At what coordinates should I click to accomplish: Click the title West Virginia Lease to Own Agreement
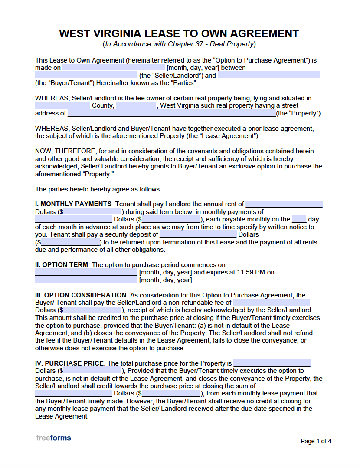pyautogui.click(x=179, y=34)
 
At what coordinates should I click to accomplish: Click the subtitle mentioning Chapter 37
pyautogui.click(x=179, y=44)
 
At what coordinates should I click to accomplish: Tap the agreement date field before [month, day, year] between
pyautogui.click(x=114, y=68)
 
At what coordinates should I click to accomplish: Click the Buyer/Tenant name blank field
pyautogui.click(x=269, y=76)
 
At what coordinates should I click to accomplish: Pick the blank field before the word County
pyautogui.click(x=62, y=106)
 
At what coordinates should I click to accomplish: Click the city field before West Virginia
pyautogui.click(x=136, y=106)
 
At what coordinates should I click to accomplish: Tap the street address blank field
pyautogui.click(x=172, y=114)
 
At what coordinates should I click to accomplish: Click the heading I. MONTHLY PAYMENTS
pyautogui.click(x=73, y=204)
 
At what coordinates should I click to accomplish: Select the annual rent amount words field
pyautogui.click(x=284, y=204)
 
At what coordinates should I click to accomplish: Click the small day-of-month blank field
pyautogui.click(x=299, y=220)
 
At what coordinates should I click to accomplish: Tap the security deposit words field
pyautogui.click(x=198, y=234)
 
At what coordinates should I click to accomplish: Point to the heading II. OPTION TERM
pyautogui.click(x=62, y=265)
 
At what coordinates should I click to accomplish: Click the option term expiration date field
pyautogui.click(x=86, y=280)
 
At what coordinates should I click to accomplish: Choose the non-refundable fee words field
pyautogui.click(x=272, y=303)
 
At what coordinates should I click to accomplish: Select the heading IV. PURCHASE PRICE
pyautogui.click(x=69, y=363)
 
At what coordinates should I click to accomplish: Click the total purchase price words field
pyautogui.click(x=272, y=363)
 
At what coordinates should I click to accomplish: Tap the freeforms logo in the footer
pyautogui.click(x=53, y=438)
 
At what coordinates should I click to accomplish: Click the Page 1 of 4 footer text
pyautogui.click(x=316, y=442)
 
